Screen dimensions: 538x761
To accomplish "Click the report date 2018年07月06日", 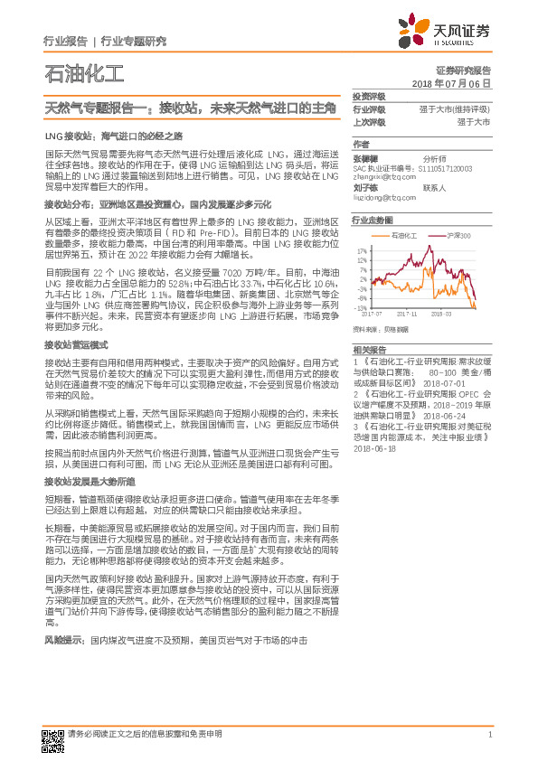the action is point(451,82).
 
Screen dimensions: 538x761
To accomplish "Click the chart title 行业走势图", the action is point(372,220).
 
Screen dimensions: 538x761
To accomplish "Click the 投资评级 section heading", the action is point(369,96).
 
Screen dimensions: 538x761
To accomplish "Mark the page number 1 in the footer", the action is point(488,734).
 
